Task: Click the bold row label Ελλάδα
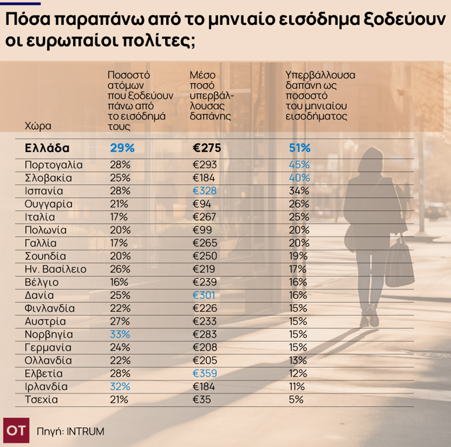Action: click(47, 148)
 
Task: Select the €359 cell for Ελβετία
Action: click(205, 374)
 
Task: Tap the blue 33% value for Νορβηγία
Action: click(120, 334)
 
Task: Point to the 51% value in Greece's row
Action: click(300, 148)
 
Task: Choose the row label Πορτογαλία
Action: click(54, 165)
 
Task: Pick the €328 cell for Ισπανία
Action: click(205, 191)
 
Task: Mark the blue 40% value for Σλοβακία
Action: click(299, 178)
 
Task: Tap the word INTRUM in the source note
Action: click(85, 431)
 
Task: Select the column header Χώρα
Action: click(38, 126)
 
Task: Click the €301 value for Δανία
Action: click(204, 295)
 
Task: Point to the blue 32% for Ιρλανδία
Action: click(120, 387)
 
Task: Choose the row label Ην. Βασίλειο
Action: click(56, 269)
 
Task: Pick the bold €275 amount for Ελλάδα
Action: click(207, 148)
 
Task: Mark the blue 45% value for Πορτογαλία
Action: click(299, 165)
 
